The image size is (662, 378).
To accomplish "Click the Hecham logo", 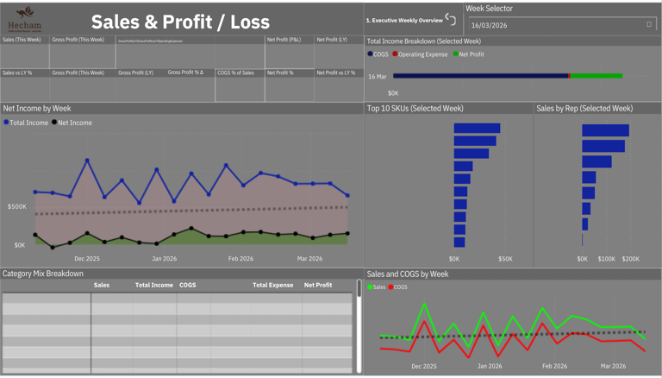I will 24,18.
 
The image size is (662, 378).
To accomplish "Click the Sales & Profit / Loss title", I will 180,22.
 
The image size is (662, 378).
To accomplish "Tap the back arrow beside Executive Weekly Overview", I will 450,19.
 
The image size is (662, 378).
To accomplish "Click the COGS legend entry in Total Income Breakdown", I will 378,54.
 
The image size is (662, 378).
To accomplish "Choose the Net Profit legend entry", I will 469,54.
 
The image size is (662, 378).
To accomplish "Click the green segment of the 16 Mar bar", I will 596,76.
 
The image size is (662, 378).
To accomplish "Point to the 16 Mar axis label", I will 378,77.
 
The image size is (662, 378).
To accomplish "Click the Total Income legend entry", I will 27,123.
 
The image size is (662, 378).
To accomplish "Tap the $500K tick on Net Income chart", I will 16,207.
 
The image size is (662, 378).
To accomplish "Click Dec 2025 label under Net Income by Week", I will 86,259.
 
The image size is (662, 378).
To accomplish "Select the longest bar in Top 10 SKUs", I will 477,129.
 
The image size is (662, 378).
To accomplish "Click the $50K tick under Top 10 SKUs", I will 505,259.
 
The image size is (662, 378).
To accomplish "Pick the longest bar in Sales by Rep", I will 605,131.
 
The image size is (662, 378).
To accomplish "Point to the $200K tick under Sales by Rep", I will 630,259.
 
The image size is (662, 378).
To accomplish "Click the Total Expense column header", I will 272,285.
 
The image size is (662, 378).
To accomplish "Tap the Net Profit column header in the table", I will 318,285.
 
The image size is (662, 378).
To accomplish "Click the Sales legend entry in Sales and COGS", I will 377,287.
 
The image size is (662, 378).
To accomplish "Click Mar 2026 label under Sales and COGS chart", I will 613,366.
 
